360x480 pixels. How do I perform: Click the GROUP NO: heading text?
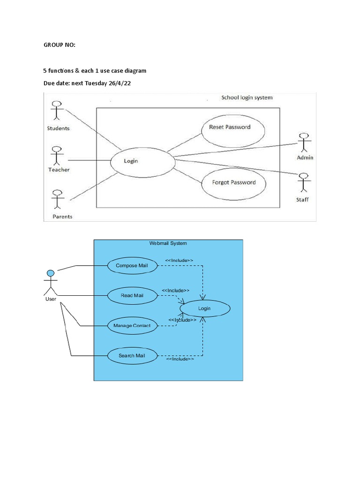pyautogui.click(x=59, y=45)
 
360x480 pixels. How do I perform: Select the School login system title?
pyautogui.click(x=247, y=97)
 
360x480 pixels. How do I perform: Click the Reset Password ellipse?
pyautogui.click(x=233, y=129)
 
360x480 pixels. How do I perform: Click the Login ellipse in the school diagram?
pyautogui.click(x=131, y=161)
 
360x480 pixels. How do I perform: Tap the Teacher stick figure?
pyautogui.click(x=57, y=155)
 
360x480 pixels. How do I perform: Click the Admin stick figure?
pyautogui.click(x=304, y=142)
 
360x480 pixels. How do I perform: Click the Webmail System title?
pyautogui.click(x=168, y=243)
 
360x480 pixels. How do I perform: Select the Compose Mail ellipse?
pyautogui.click(x=132, y=266)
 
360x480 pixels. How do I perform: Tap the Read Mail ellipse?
pyautogui.click(x=132, y=295)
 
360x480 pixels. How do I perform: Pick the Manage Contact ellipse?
pyautogui.click(x=132, y=325)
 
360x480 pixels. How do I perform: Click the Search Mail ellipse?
pyautogui.click(x=132, y=356)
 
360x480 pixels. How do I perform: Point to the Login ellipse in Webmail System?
pyautogui.click(x=204, y=308)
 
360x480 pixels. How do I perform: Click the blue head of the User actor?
pyautogui.click(x=50, y=273)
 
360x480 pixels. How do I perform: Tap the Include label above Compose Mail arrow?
pyautogui.click(x=179, y=260)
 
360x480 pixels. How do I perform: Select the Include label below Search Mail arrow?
pyautogui.click(x=180, y=359)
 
